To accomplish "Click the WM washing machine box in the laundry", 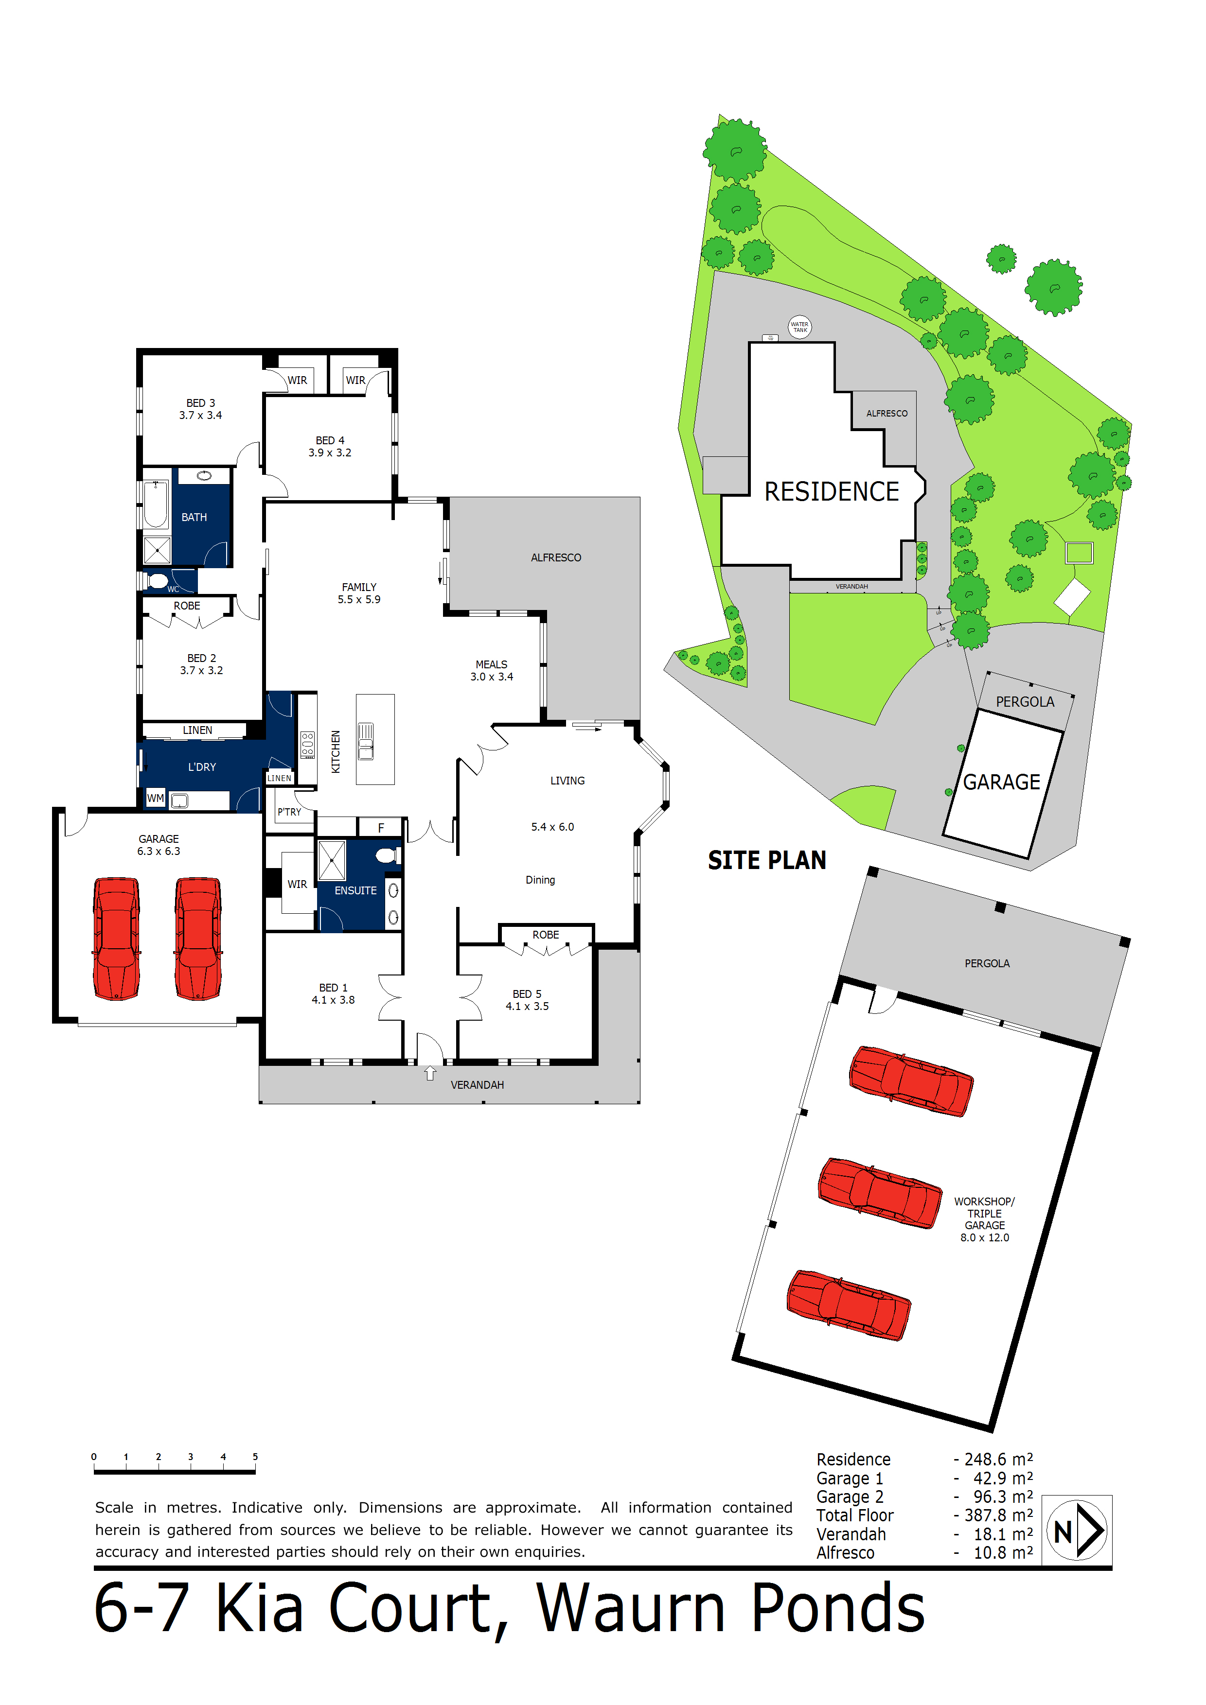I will coord(155,798).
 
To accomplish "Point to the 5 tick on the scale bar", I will coord(255,1457).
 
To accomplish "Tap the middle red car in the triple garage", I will coord(880,1193).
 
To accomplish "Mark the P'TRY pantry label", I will coord(289,812).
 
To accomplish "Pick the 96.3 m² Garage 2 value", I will coord(1002,1496).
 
